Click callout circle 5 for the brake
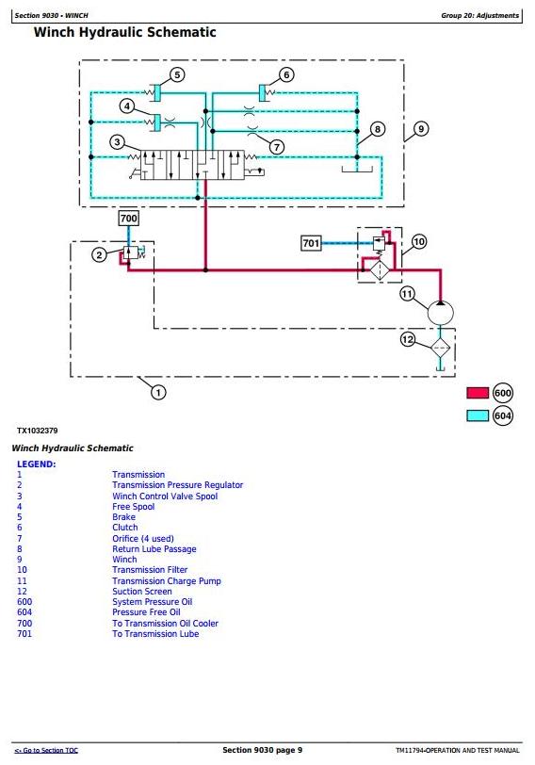[x=177, y=74]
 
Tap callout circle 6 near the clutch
[x=286, y=74]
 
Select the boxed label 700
[x=129, y=218]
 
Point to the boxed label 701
[x=311, y=243]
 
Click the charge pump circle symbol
[x=441, y=313]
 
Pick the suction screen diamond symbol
[x=440, y=348]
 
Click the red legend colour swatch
[x=478, y=393]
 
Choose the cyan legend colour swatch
[x=478, y=415]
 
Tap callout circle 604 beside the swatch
[x=502, y=415]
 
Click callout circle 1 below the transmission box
[x=157, y=392]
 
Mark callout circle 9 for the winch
[x=421, y=129]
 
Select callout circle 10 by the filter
[x=419, y=241]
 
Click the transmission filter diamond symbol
[x=380, y=270]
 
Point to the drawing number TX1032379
[x=38, y=431]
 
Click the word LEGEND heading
[x=37, y=464]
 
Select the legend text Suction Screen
[x=142, y=592]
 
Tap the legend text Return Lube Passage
[x=154, y=549]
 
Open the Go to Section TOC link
[x=46, y=750]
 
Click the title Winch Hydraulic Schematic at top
[x=125, y=33]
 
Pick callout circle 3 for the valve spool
[x=117, y=142]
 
